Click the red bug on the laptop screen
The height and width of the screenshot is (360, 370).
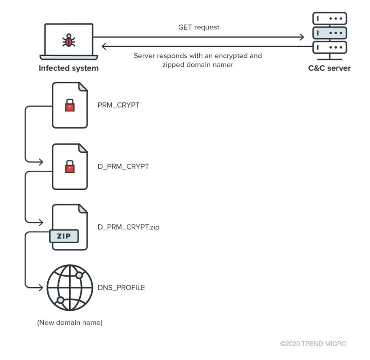(68, 40)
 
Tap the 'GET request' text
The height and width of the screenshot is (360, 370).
(199, 28)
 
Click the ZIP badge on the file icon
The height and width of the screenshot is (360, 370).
(64, 236)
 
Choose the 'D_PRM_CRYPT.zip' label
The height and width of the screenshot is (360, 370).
(129, 227)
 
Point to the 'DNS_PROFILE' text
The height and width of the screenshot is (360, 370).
(122, 287)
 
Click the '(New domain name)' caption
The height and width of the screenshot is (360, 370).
(70, 323)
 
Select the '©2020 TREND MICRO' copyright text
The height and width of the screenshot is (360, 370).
(313, 344)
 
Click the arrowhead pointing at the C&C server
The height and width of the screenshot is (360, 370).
(302, 37)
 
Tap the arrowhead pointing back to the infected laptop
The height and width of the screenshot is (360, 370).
(104, 46)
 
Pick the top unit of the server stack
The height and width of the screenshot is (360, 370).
(329, 18)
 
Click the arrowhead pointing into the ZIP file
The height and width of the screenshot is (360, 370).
(40, 222)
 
